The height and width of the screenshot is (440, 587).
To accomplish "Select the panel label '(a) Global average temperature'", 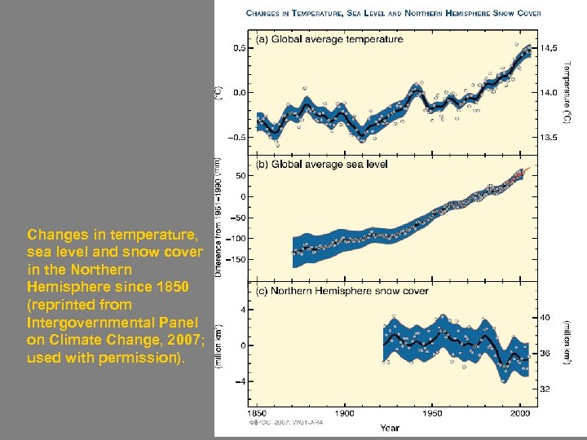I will click(329, 39).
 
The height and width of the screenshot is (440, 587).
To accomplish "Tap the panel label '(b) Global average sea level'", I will click(321, 164).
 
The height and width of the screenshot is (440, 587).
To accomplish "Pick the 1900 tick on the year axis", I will click(347, 415).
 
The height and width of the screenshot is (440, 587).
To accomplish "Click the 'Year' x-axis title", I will click(390, 427).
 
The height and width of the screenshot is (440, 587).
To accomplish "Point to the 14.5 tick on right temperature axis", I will click(550, 48).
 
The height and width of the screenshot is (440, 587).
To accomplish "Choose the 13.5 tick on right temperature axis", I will click(550, 138).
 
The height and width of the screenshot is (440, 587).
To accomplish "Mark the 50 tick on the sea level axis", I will click(241, 175).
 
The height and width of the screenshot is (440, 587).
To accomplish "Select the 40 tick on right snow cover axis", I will click(546, 317).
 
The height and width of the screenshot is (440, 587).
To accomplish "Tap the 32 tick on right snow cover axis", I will click(546, 389).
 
